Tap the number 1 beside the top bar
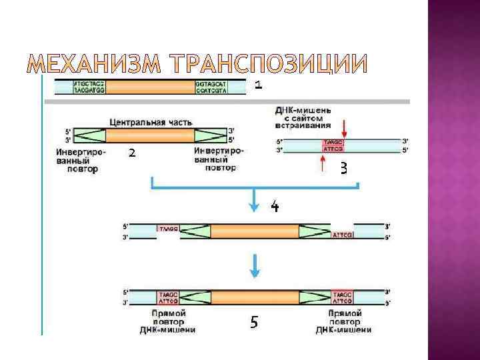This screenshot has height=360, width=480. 259,85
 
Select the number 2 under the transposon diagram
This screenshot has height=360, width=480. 132,153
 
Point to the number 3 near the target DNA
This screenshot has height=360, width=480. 344,167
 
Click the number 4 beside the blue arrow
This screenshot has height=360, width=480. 274,206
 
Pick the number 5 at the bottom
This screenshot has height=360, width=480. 253,323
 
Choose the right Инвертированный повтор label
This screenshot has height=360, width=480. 218,160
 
